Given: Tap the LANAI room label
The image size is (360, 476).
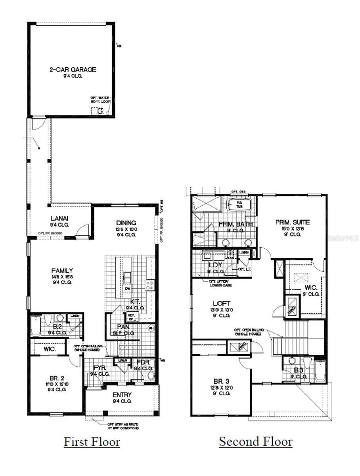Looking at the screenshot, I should pos(60,218).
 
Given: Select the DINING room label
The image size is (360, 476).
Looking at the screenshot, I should pos(126,223).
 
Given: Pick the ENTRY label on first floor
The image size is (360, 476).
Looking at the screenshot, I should pos(122,395).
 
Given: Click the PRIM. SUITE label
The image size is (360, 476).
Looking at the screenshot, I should pos(293,223).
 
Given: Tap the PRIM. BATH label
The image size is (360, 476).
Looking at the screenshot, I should pos(236,225).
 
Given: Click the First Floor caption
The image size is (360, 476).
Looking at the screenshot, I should pos(92,441).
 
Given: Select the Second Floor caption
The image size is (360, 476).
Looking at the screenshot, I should pos(256,441).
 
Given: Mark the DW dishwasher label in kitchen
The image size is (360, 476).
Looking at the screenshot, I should pos(126,289).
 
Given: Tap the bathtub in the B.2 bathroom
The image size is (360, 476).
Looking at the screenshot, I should pos(35,326).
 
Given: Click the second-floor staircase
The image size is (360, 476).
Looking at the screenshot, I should pos(296,329).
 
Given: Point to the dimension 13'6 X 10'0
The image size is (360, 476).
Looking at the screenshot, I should pos(126,229).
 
